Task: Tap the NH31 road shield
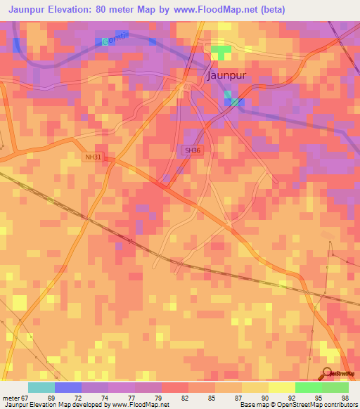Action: (x=91, y=158)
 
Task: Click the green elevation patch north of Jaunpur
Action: (x=220, y=53)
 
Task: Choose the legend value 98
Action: (x=345, y=398)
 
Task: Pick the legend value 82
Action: (x=185, y=398)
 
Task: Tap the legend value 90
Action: (x=265, y=398)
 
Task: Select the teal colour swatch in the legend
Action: (x=41, y=387)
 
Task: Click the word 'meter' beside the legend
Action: (x=11, y=398)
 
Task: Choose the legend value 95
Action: (x=319, y=398)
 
